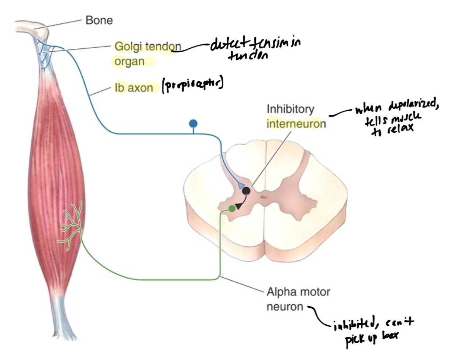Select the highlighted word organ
pyautogui.click(x=129, y=61)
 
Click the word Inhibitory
pyautogui.click(x=290, y=110)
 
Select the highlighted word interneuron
pyautogui.click(x=296, y=124)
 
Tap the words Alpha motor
pyautogui.click(x=298, y=292)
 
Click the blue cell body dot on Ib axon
pyautogui.click(x=193, y=123)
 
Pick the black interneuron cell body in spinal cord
pyautogui.click(x=246, y=191)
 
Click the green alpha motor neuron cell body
pyautogui.click(x=232, y=209)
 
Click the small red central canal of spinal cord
pyautogui.click(x=264, y=197)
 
